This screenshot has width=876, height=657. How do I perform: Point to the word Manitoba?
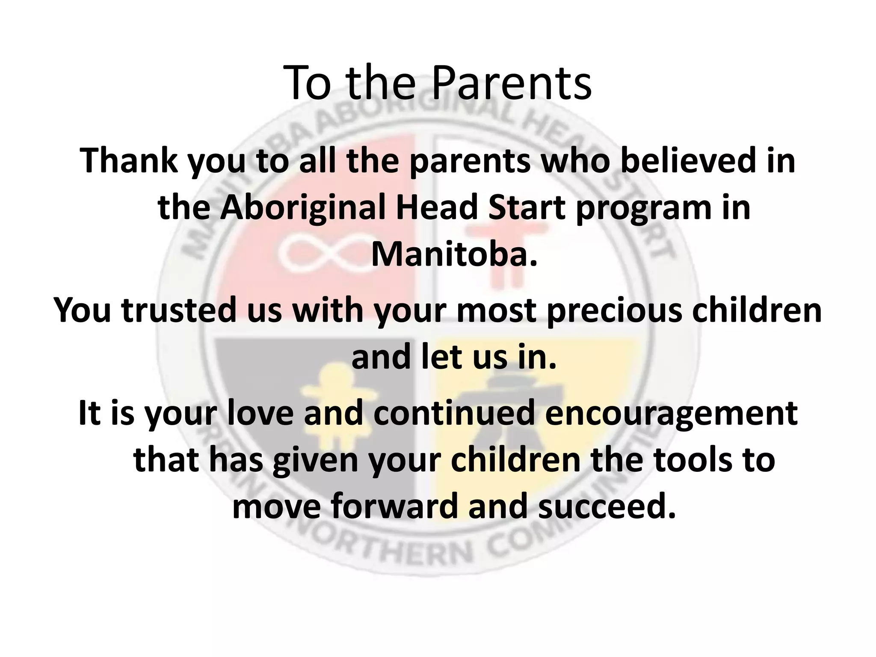tap(453, 255)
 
